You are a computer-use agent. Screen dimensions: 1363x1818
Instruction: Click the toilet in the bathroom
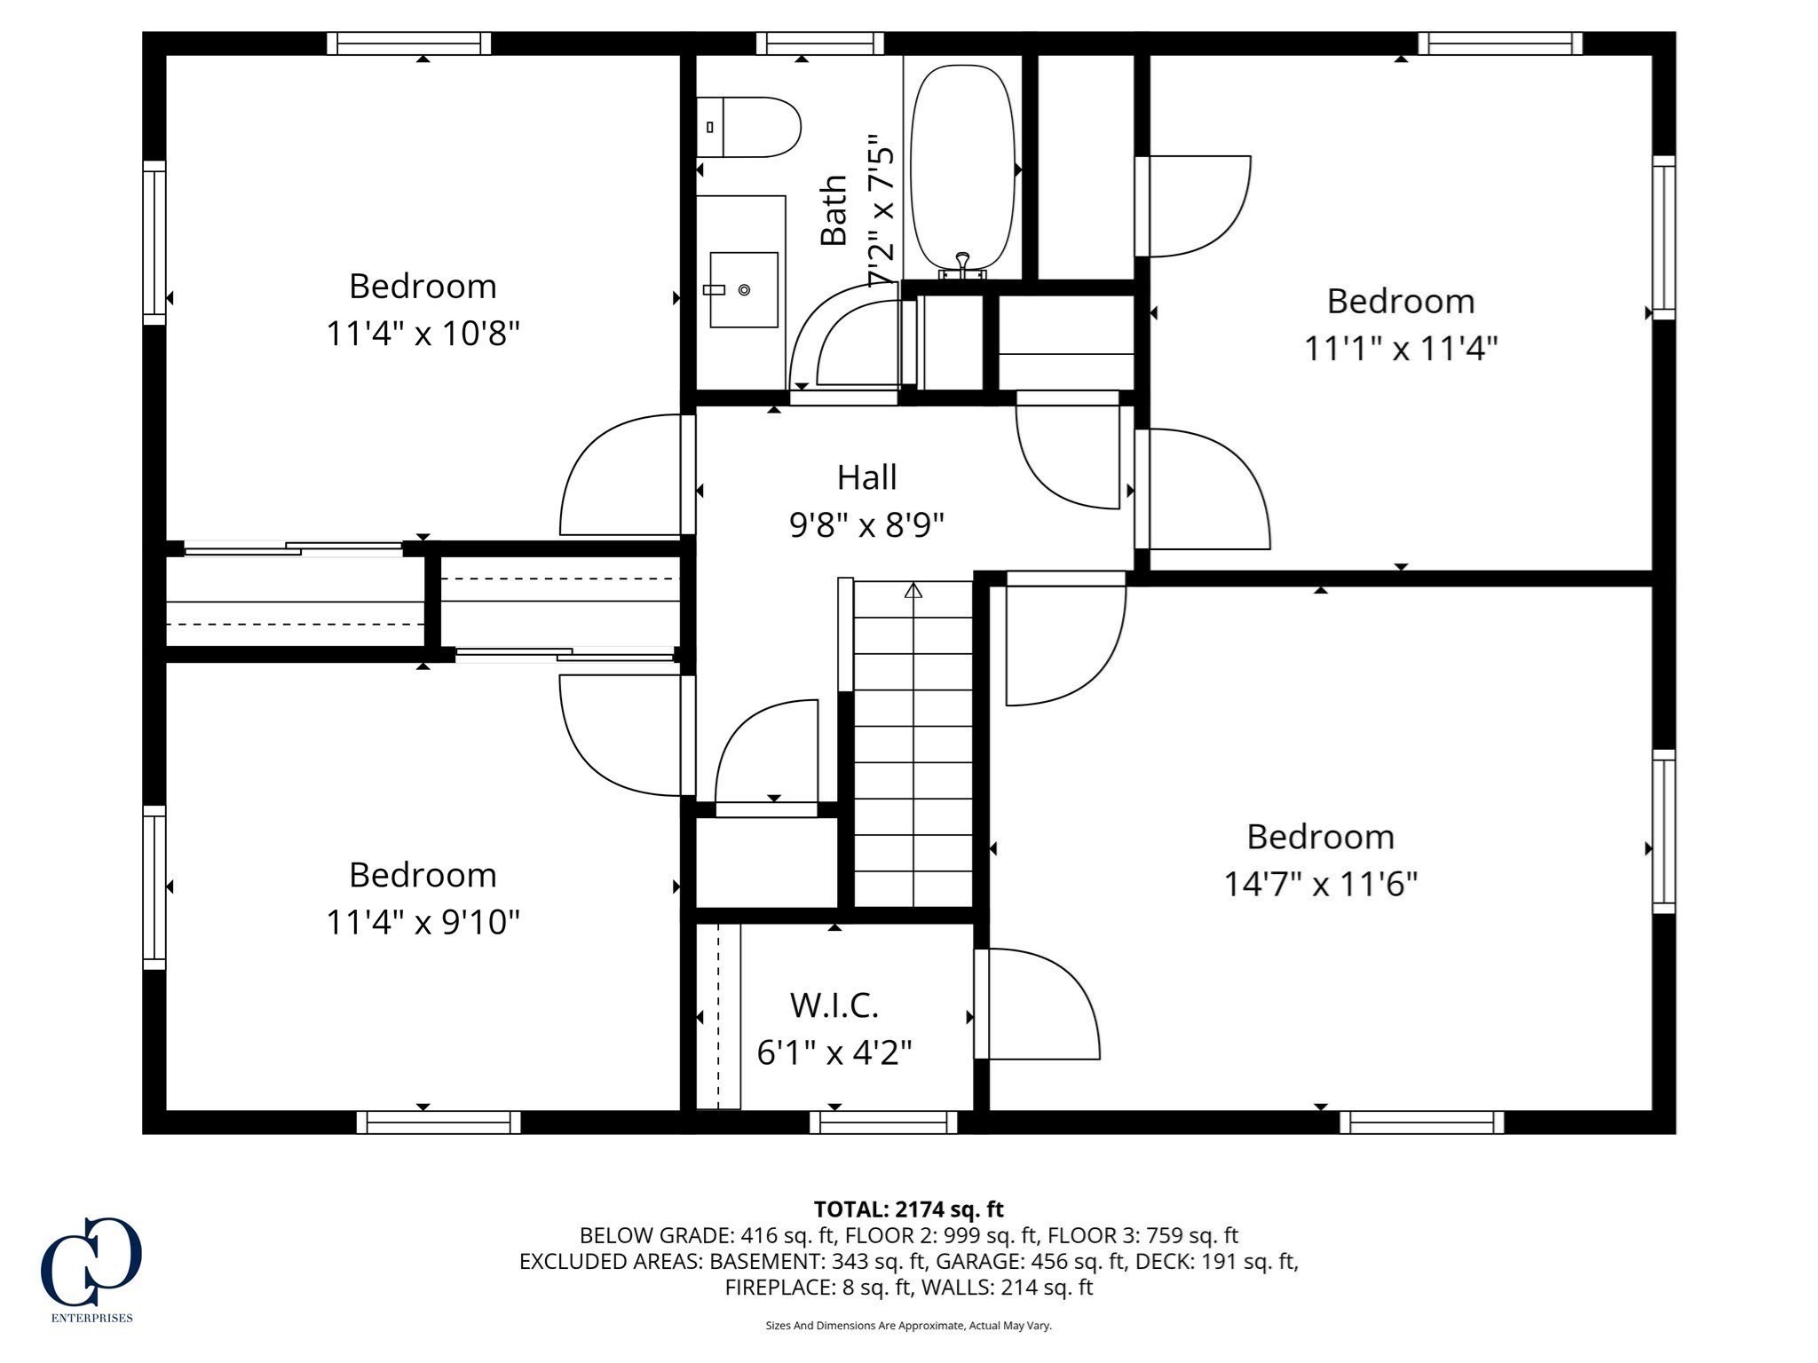[750, 127]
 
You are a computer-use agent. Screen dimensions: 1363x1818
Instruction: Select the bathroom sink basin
[744, 289]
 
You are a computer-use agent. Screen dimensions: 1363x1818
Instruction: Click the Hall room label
[866, 477]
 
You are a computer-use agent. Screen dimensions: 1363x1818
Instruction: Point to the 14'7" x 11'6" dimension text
[1320, 884]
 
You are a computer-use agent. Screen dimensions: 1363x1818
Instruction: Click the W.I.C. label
[834, 1005]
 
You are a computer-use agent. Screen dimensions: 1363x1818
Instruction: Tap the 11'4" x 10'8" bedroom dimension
[423, 334]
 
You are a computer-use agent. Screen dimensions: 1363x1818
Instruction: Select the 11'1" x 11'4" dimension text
[1400, 348]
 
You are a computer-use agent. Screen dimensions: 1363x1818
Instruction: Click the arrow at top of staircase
[913, 590]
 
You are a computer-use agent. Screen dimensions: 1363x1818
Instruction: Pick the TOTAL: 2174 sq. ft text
[908, 1209]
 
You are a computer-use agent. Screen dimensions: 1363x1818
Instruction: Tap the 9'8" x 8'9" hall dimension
[866, 525]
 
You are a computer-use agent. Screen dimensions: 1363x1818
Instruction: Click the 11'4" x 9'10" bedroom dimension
[423, 922]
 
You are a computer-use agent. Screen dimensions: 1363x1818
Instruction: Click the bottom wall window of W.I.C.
[883, 1123]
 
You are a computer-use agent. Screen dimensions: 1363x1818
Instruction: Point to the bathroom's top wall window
[820, 43]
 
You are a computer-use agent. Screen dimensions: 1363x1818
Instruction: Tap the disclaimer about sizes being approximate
[908, 1326]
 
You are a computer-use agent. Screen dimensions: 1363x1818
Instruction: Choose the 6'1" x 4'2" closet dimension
[834, 1052]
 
